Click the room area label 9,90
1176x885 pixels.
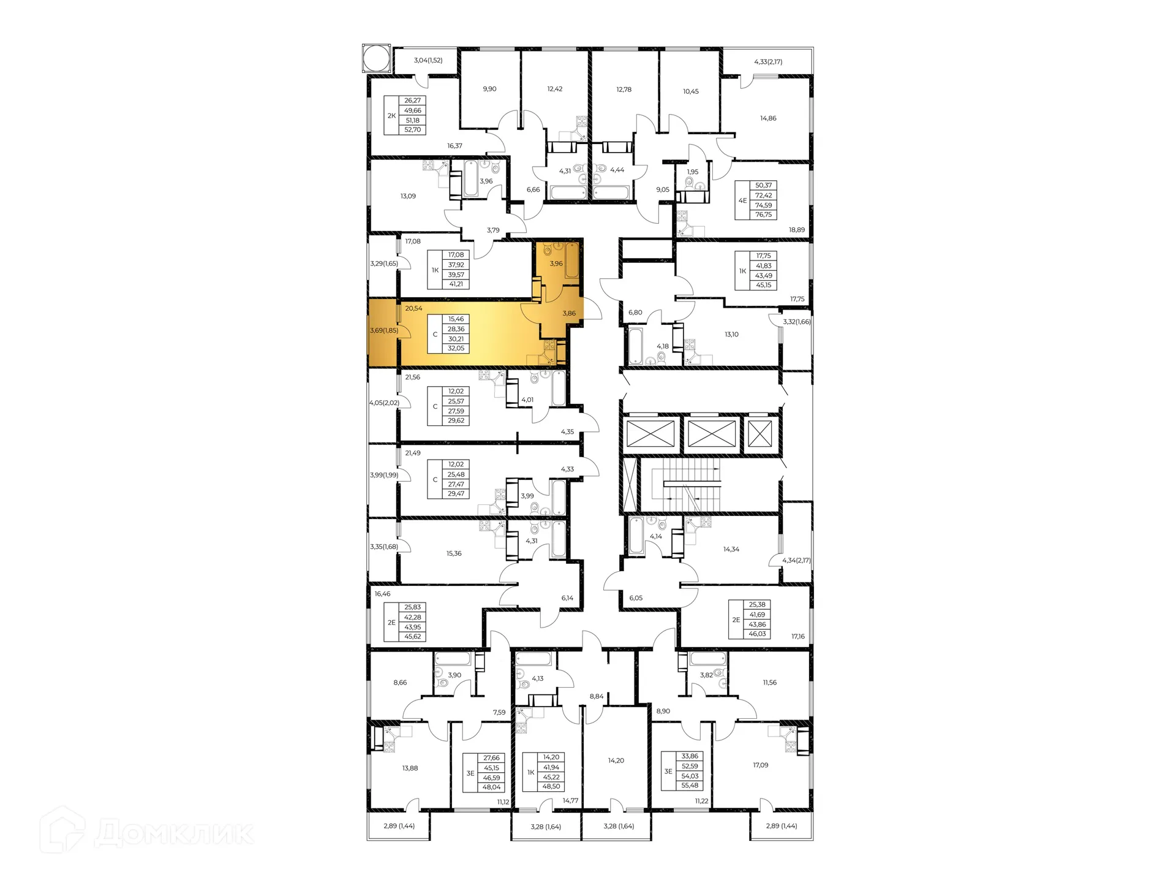489,89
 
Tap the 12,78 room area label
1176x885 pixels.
624,89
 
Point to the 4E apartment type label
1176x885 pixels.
742,200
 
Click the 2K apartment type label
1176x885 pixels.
391,115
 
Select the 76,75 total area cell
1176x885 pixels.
763,215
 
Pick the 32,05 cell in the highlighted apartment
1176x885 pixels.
456,348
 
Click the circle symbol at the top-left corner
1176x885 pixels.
376,58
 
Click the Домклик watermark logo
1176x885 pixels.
147,832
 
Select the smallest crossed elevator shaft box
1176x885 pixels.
760,434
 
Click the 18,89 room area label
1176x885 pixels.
796,230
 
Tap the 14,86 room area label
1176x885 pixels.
768,118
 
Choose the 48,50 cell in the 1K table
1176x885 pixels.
551,786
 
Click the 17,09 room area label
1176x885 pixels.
760,765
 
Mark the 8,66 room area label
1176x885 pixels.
400,682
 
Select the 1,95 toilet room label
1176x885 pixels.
692,172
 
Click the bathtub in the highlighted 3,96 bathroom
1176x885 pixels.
572,260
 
